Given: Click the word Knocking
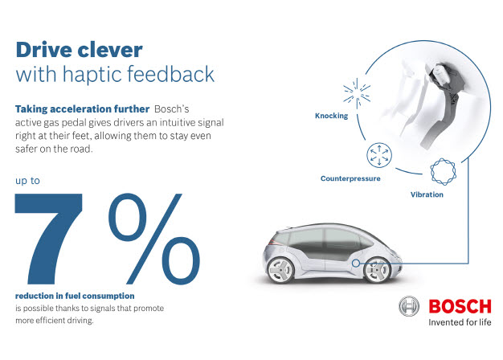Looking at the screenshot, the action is (331, 116).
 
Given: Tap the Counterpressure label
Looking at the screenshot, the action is (350, 178).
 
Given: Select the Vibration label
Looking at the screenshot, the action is (427, 194).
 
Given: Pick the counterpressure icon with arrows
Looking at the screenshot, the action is (379, 155).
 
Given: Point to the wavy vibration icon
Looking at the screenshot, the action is (443, 172).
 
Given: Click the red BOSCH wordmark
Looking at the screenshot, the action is (460, 306).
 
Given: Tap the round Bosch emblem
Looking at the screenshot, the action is (409, 306).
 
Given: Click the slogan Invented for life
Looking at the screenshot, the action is (460, 322).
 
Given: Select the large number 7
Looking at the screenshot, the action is (48, 239).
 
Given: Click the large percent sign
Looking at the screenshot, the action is (154, 239).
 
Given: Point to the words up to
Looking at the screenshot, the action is (27, 181).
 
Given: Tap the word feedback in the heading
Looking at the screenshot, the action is (170, 74).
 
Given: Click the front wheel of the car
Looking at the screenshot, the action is (378, 270).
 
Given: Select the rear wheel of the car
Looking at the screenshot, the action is (280, 271).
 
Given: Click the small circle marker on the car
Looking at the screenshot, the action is (355, 263).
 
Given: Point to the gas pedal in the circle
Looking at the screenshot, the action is (443, 103).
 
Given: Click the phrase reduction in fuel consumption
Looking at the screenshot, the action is (75, 296).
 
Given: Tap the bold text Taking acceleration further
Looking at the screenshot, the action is (82, 109).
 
